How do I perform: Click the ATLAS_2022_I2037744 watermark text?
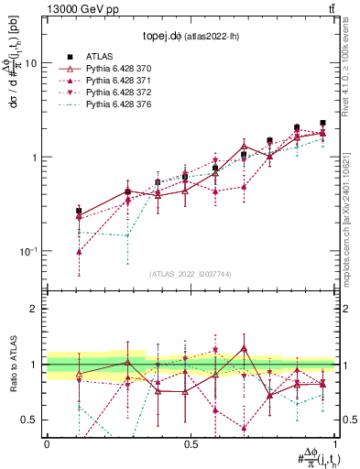point(191,274)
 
